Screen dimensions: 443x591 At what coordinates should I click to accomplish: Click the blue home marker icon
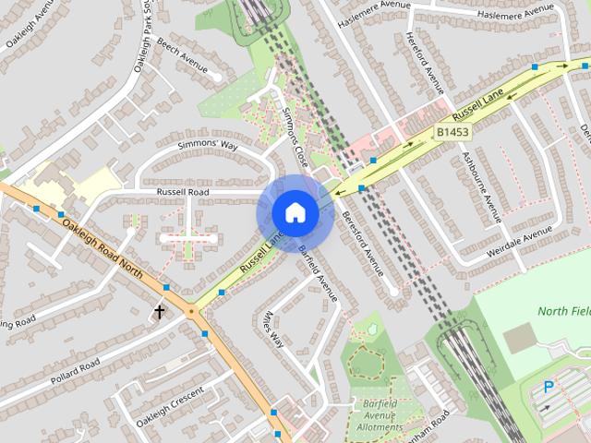pyautogui.click(x=295, y=213)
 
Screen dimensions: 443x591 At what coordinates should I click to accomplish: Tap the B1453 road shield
pyautogui.click(x=452, y=133)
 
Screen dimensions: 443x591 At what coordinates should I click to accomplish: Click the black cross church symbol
pyautogui.click(x=159, y=312)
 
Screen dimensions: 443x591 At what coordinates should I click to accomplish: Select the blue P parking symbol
pyautogui.click(x=549, y=389)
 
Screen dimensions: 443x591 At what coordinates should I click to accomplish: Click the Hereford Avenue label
pyautogui.click(x=425, y=63)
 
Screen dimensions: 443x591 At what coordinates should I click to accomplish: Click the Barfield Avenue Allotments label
pyautogui.click(x=380, y=414)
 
